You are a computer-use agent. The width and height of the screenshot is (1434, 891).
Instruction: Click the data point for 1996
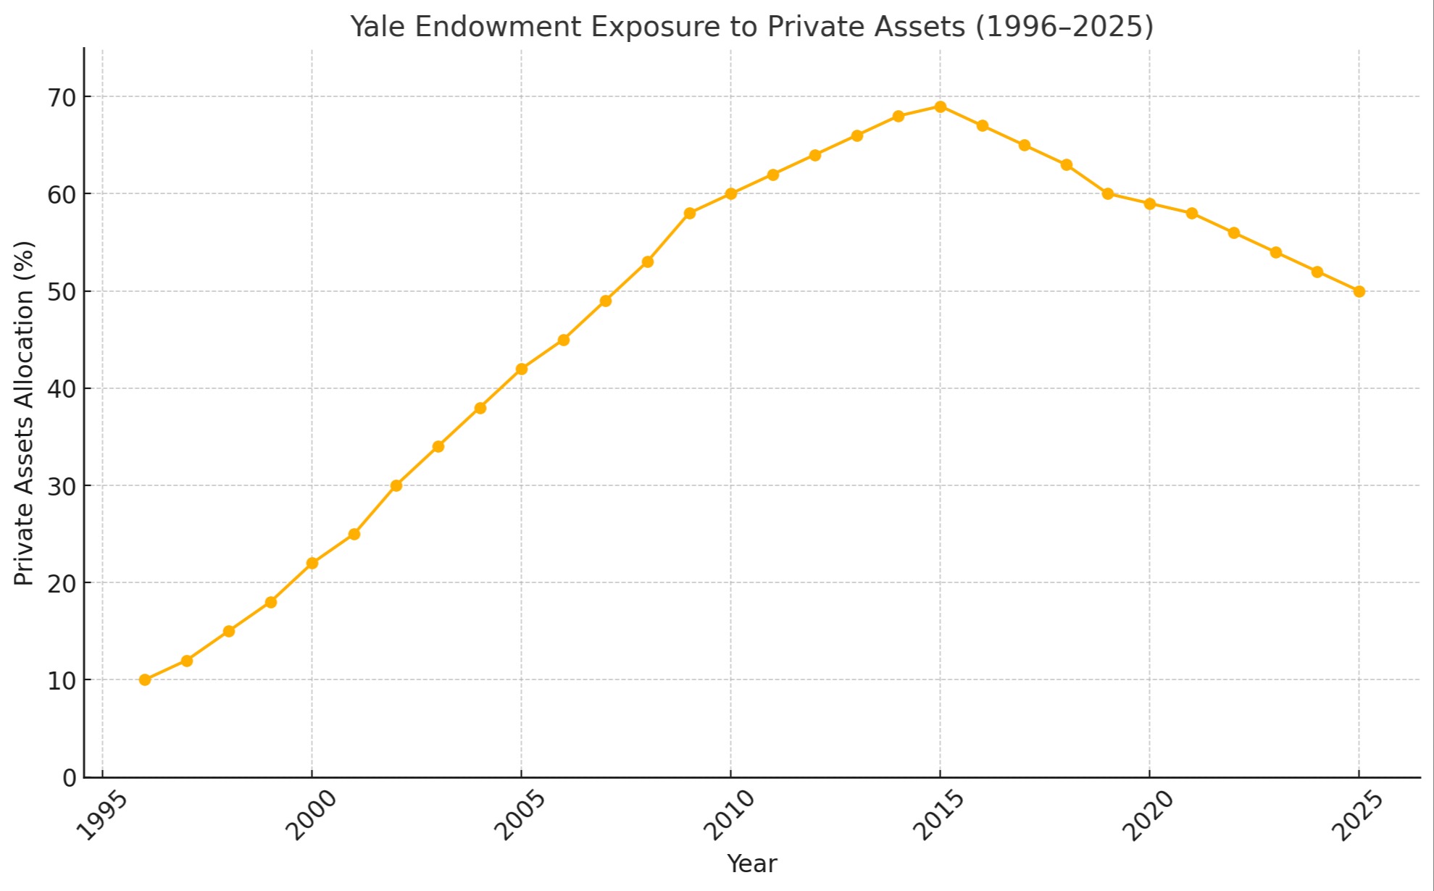tap(145, 679)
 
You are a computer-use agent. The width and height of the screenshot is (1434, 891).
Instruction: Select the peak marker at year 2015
tap(940, 106)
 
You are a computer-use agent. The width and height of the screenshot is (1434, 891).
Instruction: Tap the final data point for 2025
tap(1359, 291)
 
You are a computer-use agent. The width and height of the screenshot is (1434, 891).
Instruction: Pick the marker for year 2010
tap(730, 193)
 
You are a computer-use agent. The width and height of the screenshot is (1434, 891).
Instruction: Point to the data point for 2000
tap(312, 563)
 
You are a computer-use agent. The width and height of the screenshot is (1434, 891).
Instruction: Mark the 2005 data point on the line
tap(521, 369)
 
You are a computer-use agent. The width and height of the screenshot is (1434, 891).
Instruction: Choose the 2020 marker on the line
tap(1149, 204)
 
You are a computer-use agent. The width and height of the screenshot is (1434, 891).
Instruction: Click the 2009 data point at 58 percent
tap(689, 213)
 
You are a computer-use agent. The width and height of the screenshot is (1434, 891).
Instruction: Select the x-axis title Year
tap(751, 863)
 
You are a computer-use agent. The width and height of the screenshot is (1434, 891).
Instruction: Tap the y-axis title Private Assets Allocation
tap(24, 413)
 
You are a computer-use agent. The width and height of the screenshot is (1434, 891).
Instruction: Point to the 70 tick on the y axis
tap(62, 97)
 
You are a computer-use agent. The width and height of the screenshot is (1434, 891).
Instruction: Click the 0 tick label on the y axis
tap(70, 778)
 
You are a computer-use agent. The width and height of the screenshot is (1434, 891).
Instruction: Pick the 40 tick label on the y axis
tap(62, 389)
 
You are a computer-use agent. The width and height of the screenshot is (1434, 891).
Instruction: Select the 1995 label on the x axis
tap(102, 815)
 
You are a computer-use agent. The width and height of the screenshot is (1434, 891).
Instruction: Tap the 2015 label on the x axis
tap(938, 815)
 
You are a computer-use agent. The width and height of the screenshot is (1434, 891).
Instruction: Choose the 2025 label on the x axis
tap(1357, 815)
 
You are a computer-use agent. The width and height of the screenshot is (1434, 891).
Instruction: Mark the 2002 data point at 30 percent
tap(396, 485)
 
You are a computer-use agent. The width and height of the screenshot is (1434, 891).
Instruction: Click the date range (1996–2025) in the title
tap(1064, 27)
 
